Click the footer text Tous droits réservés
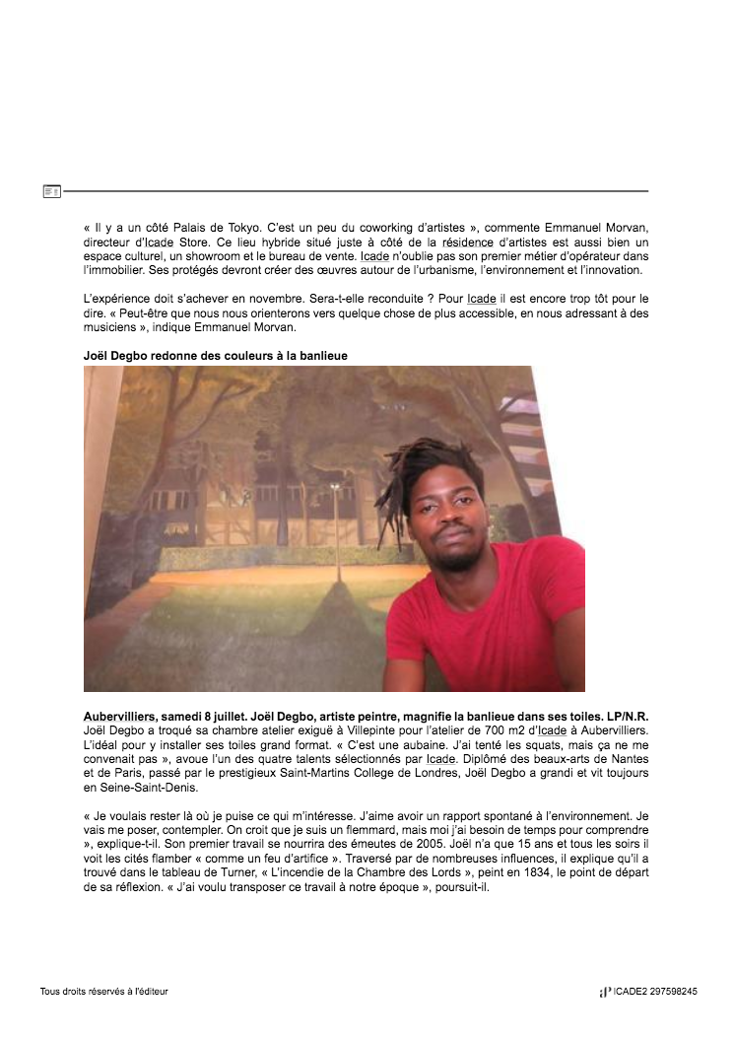coord(103,992)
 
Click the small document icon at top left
coord(52,190)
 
